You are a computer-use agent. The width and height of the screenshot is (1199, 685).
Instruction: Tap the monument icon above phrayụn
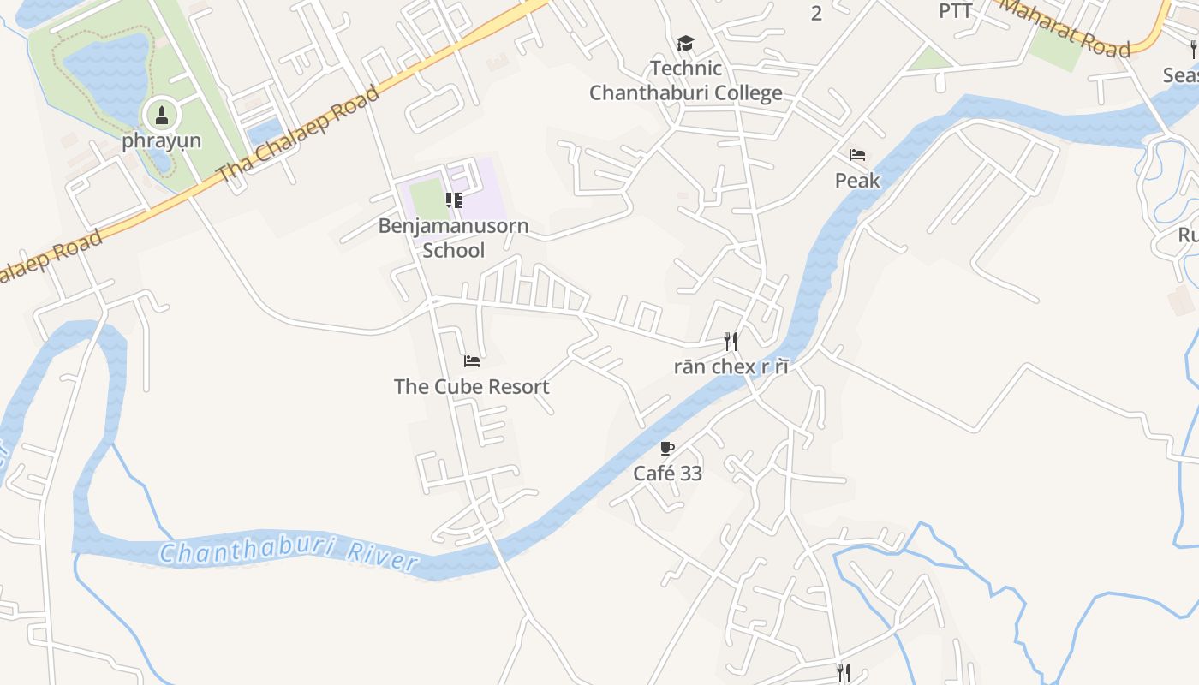[x=161, y=115]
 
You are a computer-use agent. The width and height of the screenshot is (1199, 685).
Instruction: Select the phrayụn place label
[x=161, y=140]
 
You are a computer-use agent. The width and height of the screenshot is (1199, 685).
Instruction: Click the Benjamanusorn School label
[x=454, y=238]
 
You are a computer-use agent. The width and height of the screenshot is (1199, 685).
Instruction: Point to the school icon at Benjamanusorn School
[x=454, y=200]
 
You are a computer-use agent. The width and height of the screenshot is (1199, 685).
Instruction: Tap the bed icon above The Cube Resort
[x=472, y=361]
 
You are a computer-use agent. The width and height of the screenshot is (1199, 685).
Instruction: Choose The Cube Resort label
[x=472, y=387]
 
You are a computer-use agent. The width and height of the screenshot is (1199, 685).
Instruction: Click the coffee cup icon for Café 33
[x=668, y=448]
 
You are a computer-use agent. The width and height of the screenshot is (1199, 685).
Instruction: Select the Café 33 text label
[x=668, y=473]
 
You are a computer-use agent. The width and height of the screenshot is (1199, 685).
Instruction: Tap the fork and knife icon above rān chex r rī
[x=731, y=342]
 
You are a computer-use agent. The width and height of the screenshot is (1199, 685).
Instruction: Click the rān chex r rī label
[x=731, y=367]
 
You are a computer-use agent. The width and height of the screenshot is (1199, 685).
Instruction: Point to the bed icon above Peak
[x=857, y=155]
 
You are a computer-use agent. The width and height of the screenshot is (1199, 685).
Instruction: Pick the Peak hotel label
[x=857, y=181]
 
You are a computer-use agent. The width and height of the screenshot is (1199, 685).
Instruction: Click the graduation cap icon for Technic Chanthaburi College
[x=685, y=43]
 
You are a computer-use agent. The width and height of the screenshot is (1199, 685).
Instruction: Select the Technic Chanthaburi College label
[x=685, y=80]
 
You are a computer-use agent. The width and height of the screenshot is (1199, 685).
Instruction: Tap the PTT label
[x=956, y=11]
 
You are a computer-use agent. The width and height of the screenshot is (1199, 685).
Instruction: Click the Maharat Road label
[x=1066, y=27]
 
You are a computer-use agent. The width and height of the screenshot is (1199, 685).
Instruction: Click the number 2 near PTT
[x=816, y=13]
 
